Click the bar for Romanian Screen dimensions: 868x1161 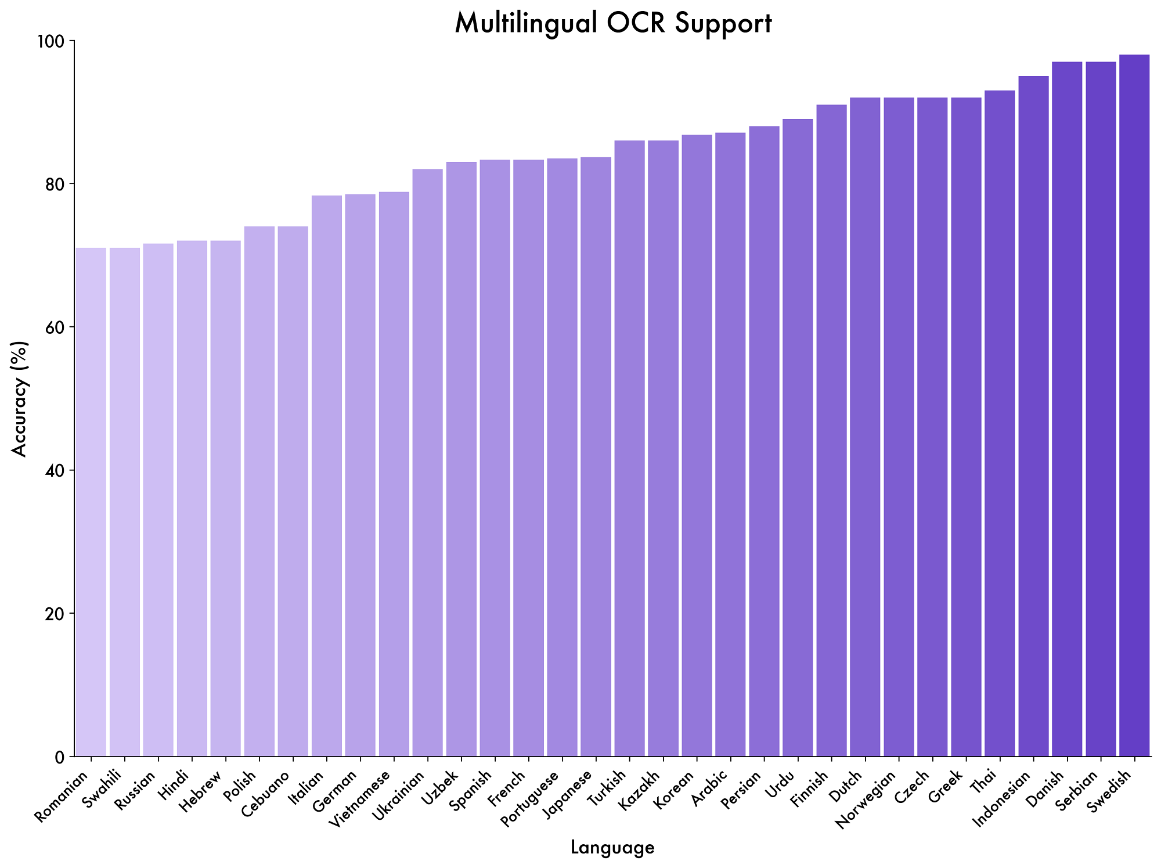pos(91,502)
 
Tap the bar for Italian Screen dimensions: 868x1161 pos(327,476)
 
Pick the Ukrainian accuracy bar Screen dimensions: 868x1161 pos(428,463)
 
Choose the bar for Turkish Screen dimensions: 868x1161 pos(630,448)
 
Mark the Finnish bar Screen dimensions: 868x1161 pos(831,430)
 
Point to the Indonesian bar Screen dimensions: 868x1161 pos(1033,416)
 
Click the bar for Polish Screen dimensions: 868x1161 pos(259,491)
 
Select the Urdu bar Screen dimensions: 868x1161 pos(798,438)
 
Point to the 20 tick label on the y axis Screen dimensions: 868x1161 pos(55,614)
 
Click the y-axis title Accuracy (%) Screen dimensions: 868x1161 pos(20,398)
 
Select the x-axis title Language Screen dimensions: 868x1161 pos(612,848)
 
